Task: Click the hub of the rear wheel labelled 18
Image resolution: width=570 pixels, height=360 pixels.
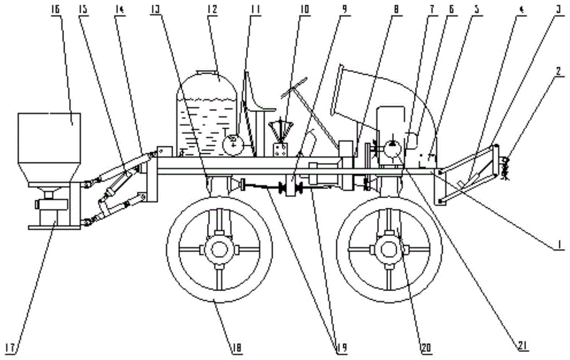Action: [x=219, y=249]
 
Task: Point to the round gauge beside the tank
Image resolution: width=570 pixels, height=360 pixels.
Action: [x=234, y=145]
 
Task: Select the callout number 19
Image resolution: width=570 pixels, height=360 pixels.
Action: [x=340, y=347]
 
